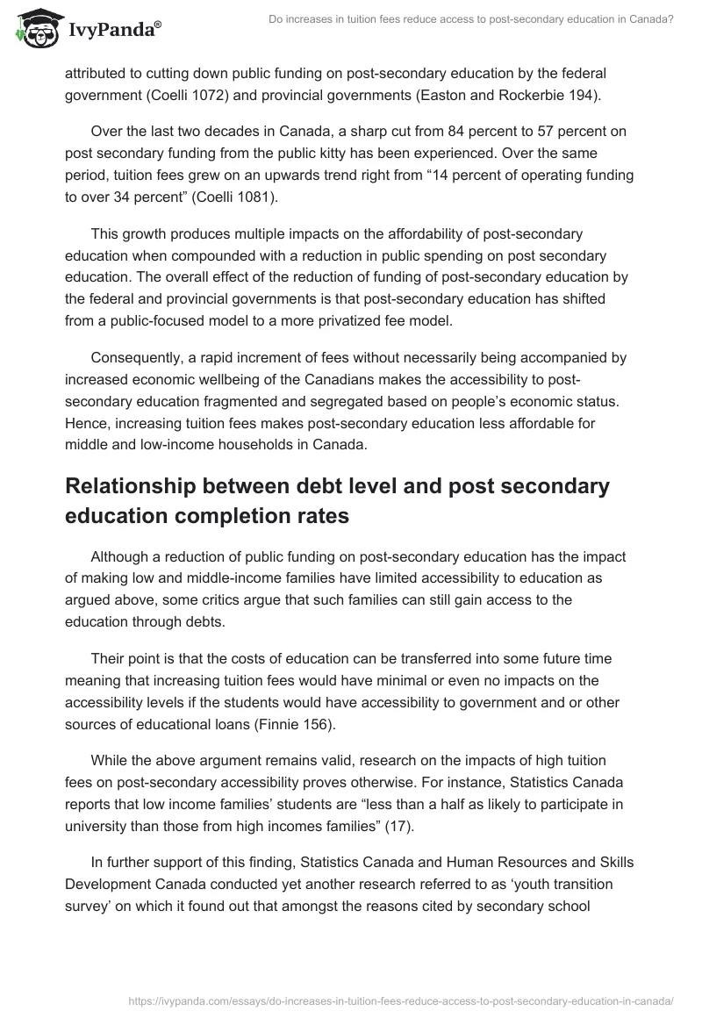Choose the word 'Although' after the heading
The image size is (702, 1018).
coord(119,556)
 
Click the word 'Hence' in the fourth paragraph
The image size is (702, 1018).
coord(86,423)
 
